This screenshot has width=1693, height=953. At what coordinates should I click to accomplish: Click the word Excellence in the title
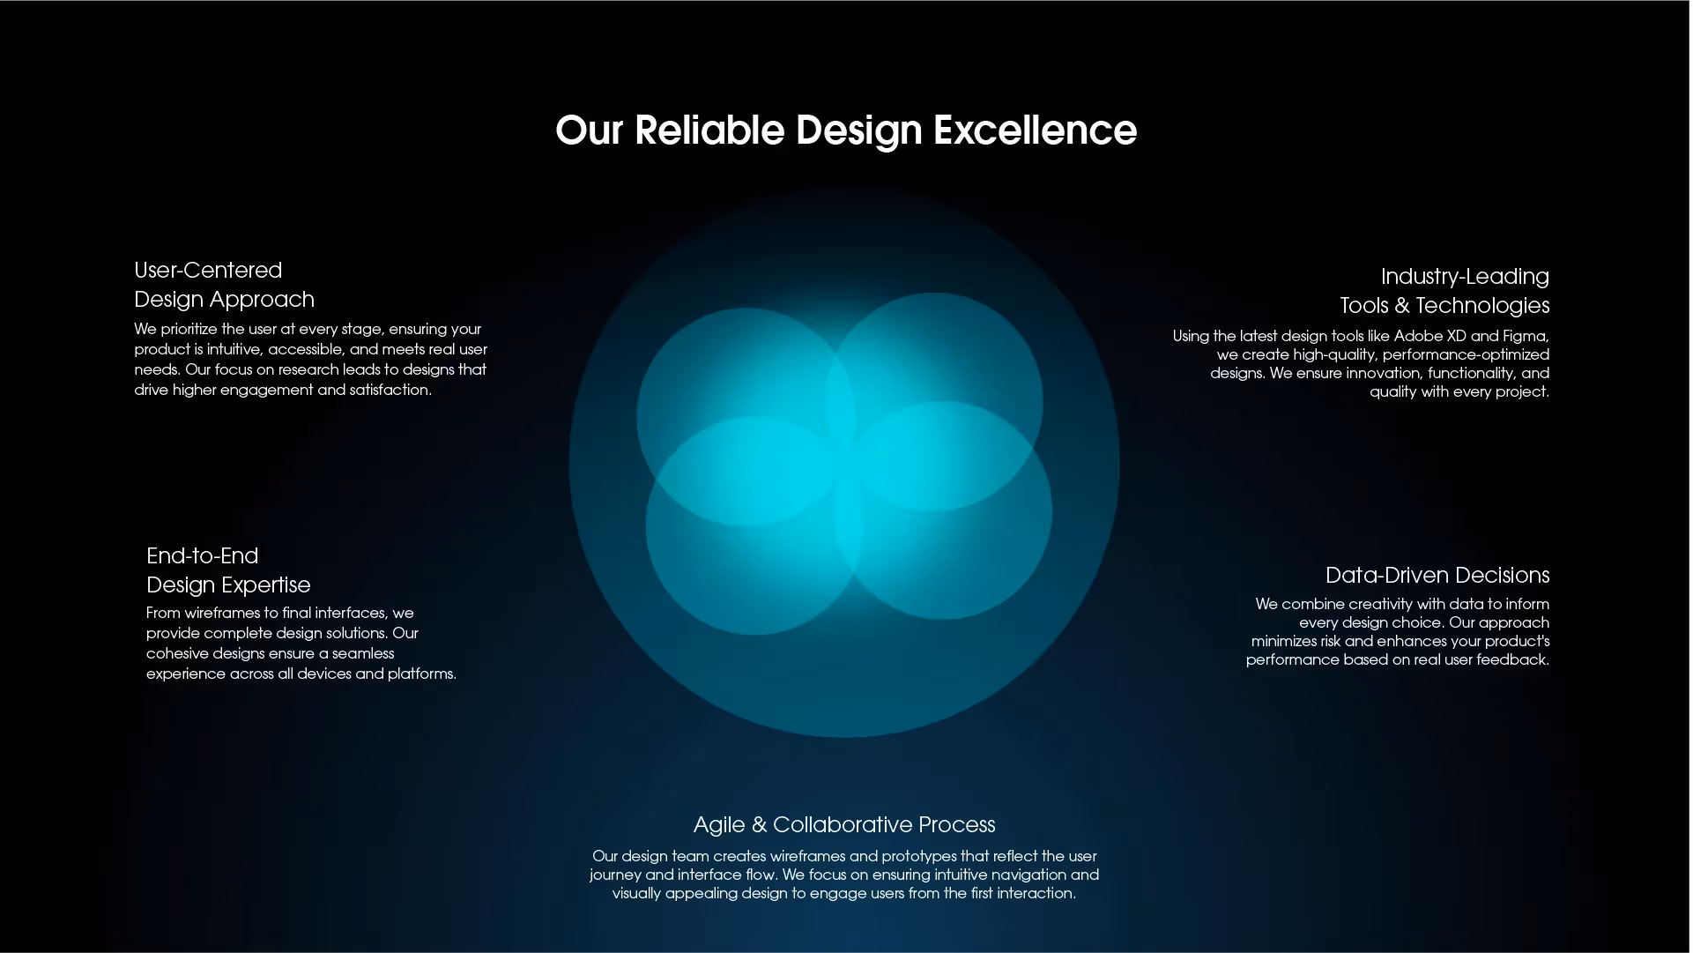1035,130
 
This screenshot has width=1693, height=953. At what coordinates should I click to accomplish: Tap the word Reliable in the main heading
709,130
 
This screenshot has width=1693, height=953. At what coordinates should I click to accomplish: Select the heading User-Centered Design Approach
224,285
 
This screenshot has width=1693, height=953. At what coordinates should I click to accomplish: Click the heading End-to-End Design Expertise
228,570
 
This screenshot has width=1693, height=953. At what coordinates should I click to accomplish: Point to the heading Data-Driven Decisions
1437,575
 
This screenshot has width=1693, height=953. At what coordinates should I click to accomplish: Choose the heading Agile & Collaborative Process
844,824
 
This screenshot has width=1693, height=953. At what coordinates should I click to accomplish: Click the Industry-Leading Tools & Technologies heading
1444,291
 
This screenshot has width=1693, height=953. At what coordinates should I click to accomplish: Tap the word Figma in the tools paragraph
1523,336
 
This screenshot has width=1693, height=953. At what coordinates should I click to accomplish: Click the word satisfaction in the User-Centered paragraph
390,390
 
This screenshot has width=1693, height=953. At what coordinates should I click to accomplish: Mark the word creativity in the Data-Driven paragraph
1380,604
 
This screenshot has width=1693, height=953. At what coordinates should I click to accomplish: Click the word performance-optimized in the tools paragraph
1466,354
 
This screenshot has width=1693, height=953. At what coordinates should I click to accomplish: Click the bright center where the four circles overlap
844,465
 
